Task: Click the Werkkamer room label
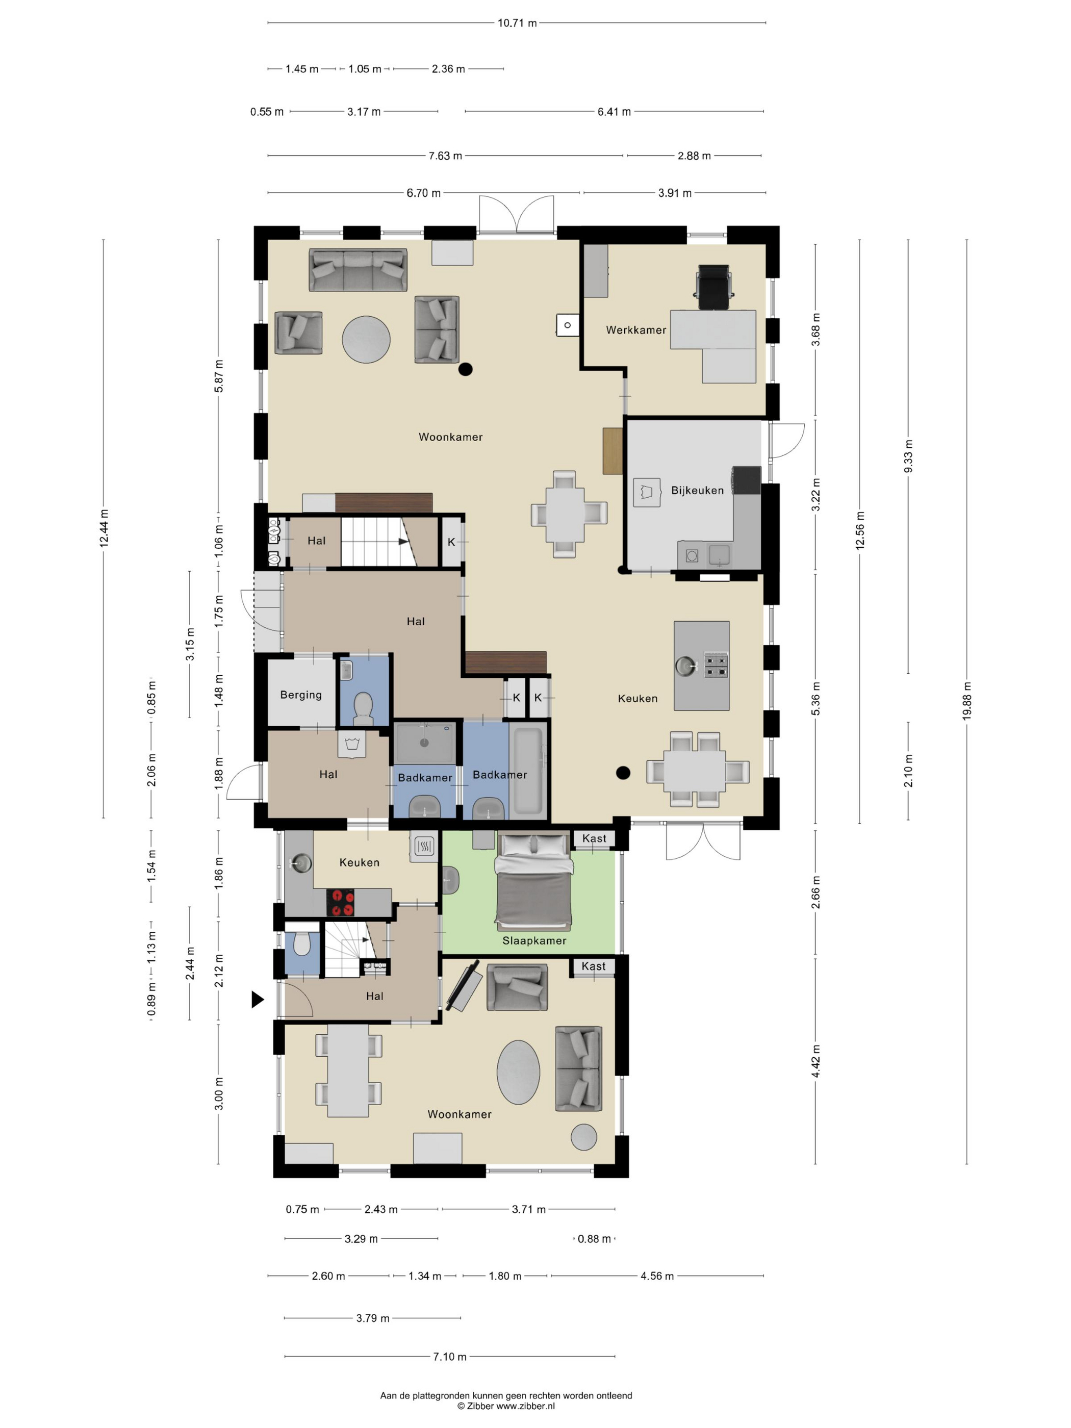[x=635, y=330]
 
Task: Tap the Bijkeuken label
[x=697, y=490]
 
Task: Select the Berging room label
[x=301, y=695]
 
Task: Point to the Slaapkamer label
[x=534, y=940]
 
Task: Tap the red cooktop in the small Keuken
[x=340, y=903]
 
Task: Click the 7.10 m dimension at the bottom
[x=449, y=1356]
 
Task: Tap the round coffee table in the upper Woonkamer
[x=366, y=339]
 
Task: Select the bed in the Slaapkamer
[x=533, y=880]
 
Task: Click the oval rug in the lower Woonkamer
[x=518, y=1072]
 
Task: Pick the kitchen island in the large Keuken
[x=702, y=666]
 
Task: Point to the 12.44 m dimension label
[x=104, y=528]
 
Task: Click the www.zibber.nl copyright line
[x=506, y=1406]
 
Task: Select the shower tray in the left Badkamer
[x=425, y=743]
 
